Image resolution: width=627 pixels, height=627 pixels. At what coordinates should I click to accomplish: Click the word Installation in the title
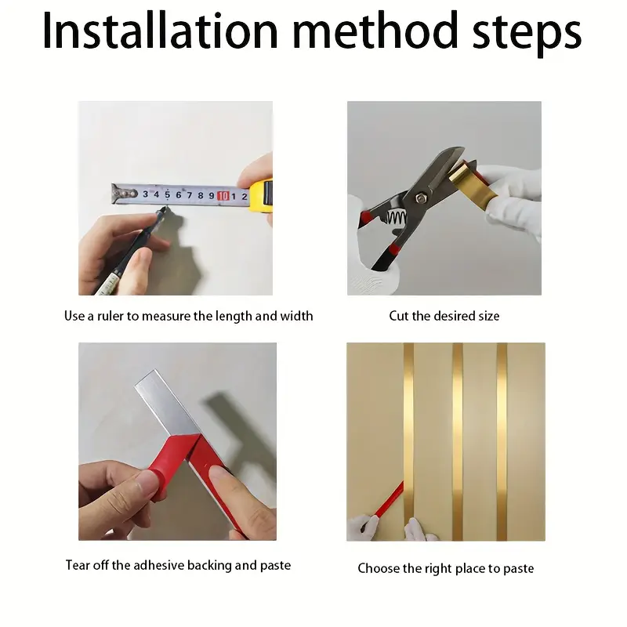160,31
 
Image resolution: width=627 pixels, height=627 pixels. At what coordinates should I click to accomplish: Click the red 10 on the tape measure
223,195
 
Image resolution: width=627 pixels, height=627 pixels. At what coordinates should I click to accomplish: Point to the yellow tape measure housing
262,196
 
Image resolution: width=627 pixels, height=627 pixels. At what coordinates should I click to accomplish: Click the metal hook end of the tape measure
123,194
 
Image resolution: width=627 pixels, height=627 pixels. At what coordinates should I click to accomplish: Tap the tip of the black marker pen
165,208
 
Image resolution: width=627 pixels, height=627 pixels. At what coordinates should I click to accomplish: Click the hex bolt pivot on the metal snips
419,198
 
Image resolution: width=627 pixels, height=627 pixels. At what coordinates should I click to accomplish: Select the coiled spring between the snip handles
396,218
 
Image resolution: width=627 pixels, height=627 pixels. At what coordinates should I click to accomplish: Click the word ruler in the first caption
111,316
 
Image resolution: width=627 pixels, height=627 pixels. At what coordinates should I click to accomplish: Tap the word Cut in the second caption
399,316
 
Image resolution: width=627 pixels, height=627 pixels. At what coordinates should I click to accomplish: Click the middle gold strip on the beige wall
458,441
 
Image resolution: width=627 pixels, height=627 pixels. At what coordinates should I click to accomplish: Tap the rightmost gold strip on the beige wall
502,441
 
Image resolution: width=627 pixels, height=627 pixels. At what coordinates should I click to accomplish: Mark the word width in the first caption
296,316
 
